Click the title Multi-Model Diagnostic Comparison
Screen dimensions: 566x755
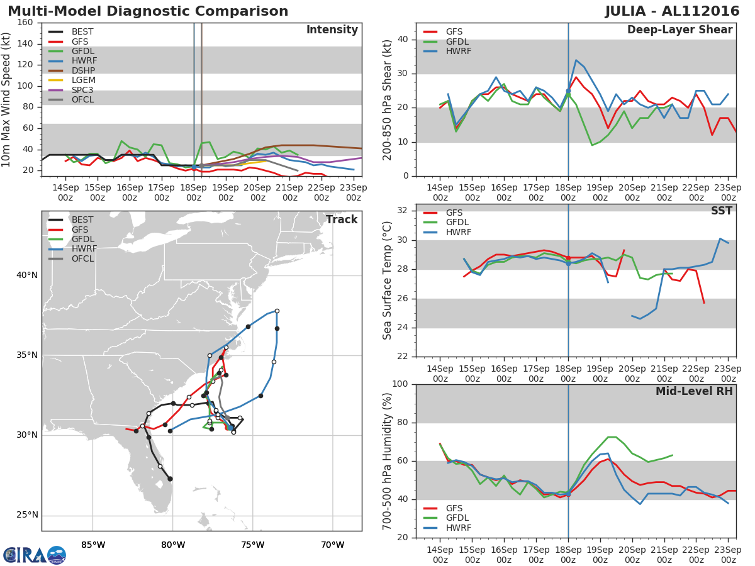coord(148,11)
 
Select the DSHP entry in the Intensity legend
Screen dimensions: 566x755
coord(83,70)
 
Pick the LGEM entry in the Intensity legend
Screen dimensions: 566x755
coord(83,80)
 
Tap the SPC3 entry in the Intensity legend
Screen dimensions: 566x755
coord(83,90)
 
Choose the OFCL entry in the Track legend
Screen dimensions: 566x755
coord(84,258)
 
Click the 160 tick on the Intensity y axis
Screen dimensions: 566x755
coord(26,23)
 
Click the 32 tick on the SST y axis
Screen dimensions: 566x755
coord(403,211)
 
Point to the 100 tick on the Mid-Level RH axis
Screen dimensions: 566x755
coord(400,384)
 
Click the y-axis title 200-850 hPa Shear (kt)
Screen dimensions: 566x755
coord(388,99)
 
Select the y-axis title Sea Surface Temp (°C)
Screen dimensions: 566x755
coord(388,280)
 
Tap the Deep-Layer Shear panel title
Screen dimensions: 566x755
coord(679,30)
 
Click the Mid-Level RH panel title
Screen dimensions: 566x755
coord(694,391)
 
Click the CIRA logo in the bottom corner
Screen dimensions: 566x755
coord(34,555)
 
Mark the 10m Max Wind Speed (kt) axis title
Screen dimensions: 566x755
coord(7,99)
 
